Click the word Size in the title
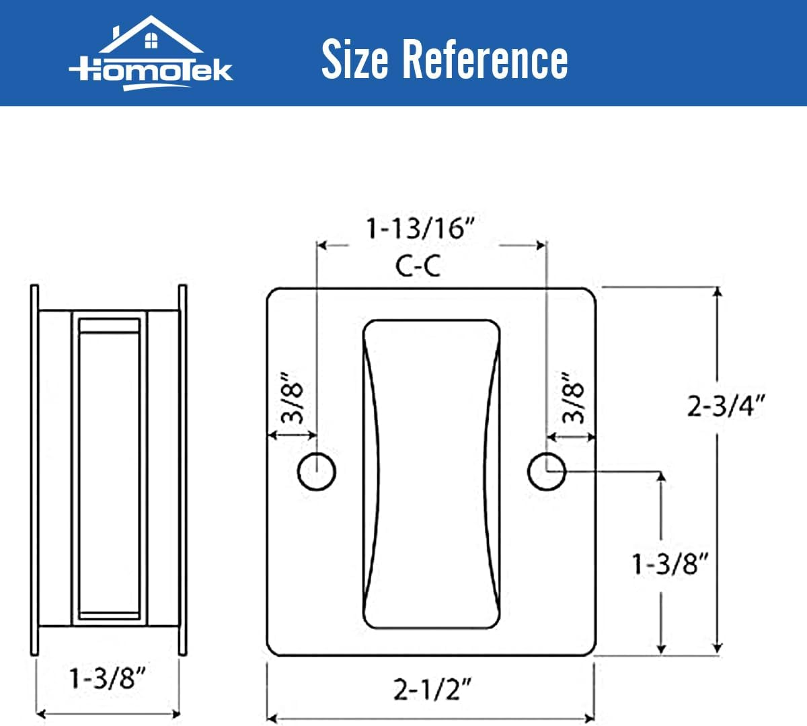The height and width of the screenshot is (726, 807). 354,59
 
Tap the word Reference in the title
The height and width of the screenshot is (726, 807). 484,59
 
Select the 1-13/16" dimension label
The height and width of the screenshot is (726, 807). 420,229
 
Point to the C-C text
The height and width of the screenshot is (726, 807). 418,266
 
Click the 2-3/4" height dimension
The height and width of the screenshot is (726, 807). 726,406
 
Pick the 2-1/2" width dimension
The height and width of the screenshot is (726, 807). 432,689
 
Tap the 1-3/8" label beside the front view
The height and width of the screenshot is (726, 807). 670,563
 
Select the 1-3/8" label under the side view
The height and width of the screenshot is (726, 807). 108,678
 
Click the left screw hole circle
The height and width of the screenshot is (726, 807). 316,471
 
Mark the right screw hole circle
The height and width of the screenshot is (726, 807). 546,471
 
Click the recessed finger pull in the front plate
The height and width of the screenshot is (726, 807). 432,474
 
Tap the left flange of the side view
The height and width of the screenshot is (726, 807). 34,470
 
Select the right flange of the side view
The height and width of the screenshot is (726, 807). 182,470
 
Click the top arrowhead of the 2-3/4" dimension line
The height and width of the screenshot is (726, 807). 718,293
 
